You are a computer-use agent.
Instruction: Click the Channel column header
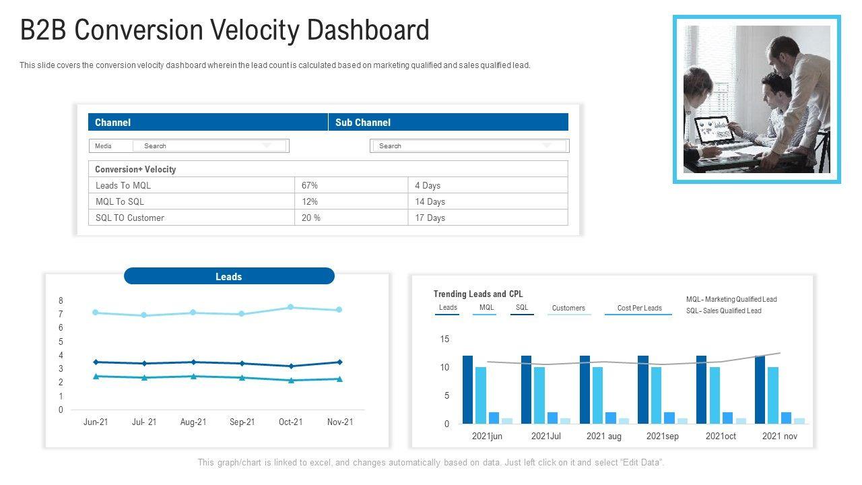(112, 123)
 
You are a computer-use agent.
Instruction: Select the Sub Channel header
(363, 123)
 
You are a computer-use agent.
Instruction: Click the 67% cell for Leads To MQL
(310, 185)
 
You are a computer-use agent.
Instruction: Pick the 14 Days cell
(430, 201)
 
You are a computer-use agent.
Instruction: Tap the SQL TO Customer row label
(130, 218)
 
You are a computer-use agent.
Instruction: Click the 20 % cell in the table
(311, 218)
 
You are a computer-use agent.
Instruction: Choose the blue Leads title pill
(229, 276)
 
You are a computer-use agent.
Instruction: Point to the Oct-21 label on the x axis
(291, 422)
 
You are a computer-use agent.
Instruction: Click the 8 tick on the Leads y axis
(61, 300)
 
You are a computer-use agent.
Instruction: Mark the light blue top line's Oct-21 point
(291, 307)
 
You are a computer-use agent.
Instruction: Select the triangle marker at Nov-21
(339, 379)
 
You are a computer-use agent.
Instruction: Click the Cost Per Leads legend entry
(639, 309)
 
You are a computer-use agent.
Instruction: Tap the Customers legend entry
(568, 309)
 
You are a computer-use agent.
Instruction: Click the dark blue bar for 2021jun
(467, 389)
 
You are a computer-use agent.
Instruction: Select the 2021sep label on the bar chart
(663, 437)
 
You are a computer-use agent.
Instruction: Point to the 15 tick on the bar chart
(444, 339)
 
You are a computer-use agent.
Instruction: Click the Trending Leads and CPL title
(478, 294)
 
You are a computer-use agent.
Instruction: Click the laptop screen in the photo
(713, 129)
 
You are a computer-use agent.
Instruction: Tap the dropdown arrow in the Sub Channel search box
(547, 145)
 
